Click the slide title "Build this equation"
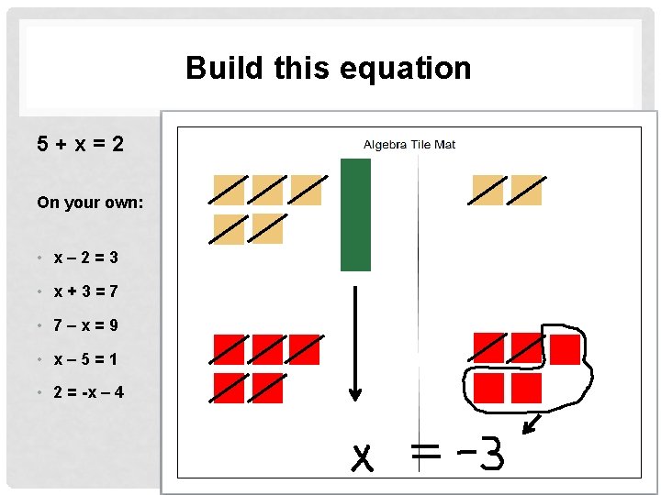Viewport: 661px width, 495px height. point(328,68)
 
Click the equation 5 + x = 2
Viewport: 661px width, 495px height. point(81,144)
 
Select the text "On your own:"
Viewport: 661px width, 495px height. point(90,202)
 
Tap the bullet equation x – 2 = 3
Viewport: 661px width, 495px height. point(85,258)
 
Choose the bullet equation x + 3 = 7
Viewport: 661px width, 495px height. point(85,291)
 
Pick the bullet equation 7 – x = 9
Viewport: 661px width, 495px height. point(85,325)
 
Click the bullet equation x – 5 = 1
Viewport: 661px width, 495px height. point(85,358)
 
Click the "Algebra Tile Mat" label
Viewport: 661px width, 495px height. point(409,145)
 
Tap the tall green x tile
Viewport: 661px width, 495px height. point(355,214)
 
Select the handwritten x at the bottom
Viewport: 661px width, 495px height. point(364,456)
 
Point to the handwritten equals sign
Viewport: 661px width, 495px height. point(425,451)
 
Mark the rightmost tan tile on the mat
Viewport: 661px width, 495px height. point(526,191)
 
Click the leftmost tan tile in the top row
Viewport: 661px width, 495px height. point(229,191)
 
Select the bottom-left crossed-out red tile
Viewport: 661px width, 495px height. point(229,388)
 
